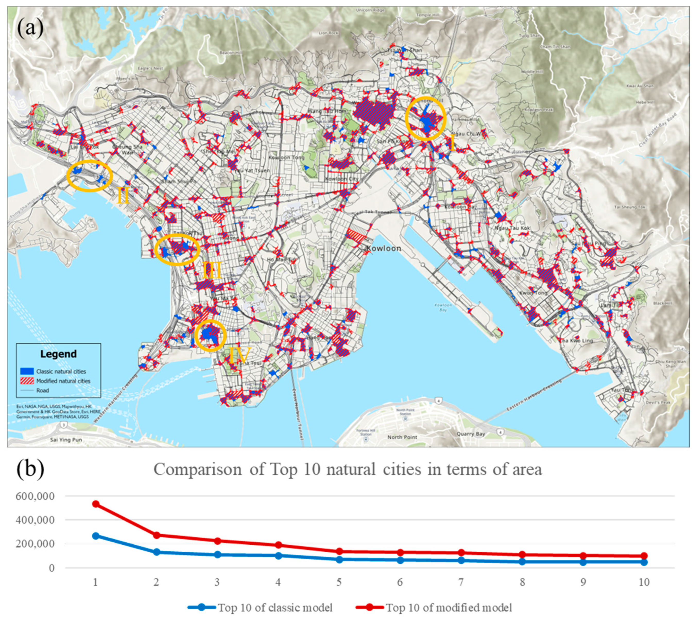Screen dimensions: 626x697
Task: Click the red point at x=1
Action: pyautogui.click(x=96, y=504)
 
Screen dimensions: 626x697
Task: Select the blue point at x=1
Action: pyautogui.click(x=96, y=536)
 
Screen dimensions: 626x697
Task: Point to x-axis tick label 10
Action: pyautogui.click(x=644, y=582)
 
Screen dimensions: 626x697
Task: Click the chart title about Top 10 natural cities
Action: pyautogui.click(x=347, y=469)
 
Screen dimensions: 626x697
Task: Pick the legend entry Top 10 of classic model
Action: pyautogui.click(x=275, y=608)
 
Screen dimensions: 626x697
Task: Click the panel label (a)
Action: pyautogui.click(x=30, y=28)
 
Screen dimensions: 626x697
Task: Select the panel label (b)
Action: pyautogui.click(x=30, y=468)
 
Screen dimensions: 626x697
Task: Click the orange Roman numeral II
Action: pyautogui.click(x=123, y=196)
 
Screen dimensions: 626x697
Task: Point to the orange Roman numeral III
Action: pyautogui.click(x=211, y=271)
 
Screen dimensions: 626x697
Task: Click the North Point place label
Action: pyautogui.click(x=402, y=437)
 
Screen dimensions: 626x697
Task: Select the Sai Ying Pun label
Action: pyautogui.click(x=66, y=440)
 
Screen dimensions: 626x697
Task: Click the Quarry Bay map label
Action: pyautogui.click(x=471, y=434)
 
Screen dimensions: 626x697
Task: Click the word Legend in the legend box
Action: pyautogui.click(x=58, y=354)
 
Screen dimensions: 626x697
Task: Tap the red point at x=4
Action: pyautogui.click(x=278, y=545)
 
